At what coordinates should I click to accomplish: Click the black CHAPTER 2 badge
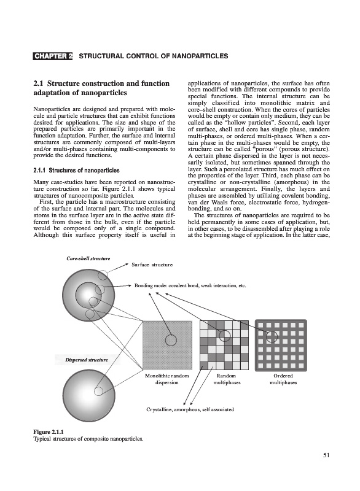tap(53, 56)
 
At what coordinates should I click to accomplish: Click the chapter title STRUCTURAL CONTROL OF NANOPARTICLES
tap(154, 56)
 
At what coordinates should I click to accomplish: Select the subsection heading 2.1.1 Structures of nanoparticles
tap(76, 171)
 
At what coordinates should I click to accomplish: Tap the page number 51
tap(326, 455)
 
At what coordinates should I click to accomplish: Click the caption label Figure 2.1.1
tap(49, 433)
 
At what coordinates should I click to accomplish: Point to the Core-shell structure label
tap(88, 258)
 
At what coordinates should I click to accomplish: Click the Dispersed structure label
tap(87, 360)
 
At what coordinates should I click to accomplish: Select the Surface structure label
tap(152, 265)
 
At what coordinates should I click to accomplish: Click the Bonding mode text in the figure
tap(190, 285)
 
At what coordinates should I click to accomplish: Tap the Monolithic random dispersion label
tap(167, 379)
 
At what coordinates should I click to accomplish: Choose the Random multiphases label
tap(227, 379)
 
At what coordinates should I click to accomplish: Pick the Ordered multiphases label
tap(283, 379)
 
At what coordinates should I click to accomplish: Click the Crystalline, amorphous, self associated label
tap(190, 409)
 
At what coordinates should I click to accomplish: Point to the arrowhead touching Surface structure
tap(128, 265)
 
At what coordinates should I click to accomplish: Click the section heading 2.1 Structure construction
tap(101, 88)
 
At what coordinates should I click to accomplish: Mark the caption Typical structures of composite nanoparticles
tap(88, 439)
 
